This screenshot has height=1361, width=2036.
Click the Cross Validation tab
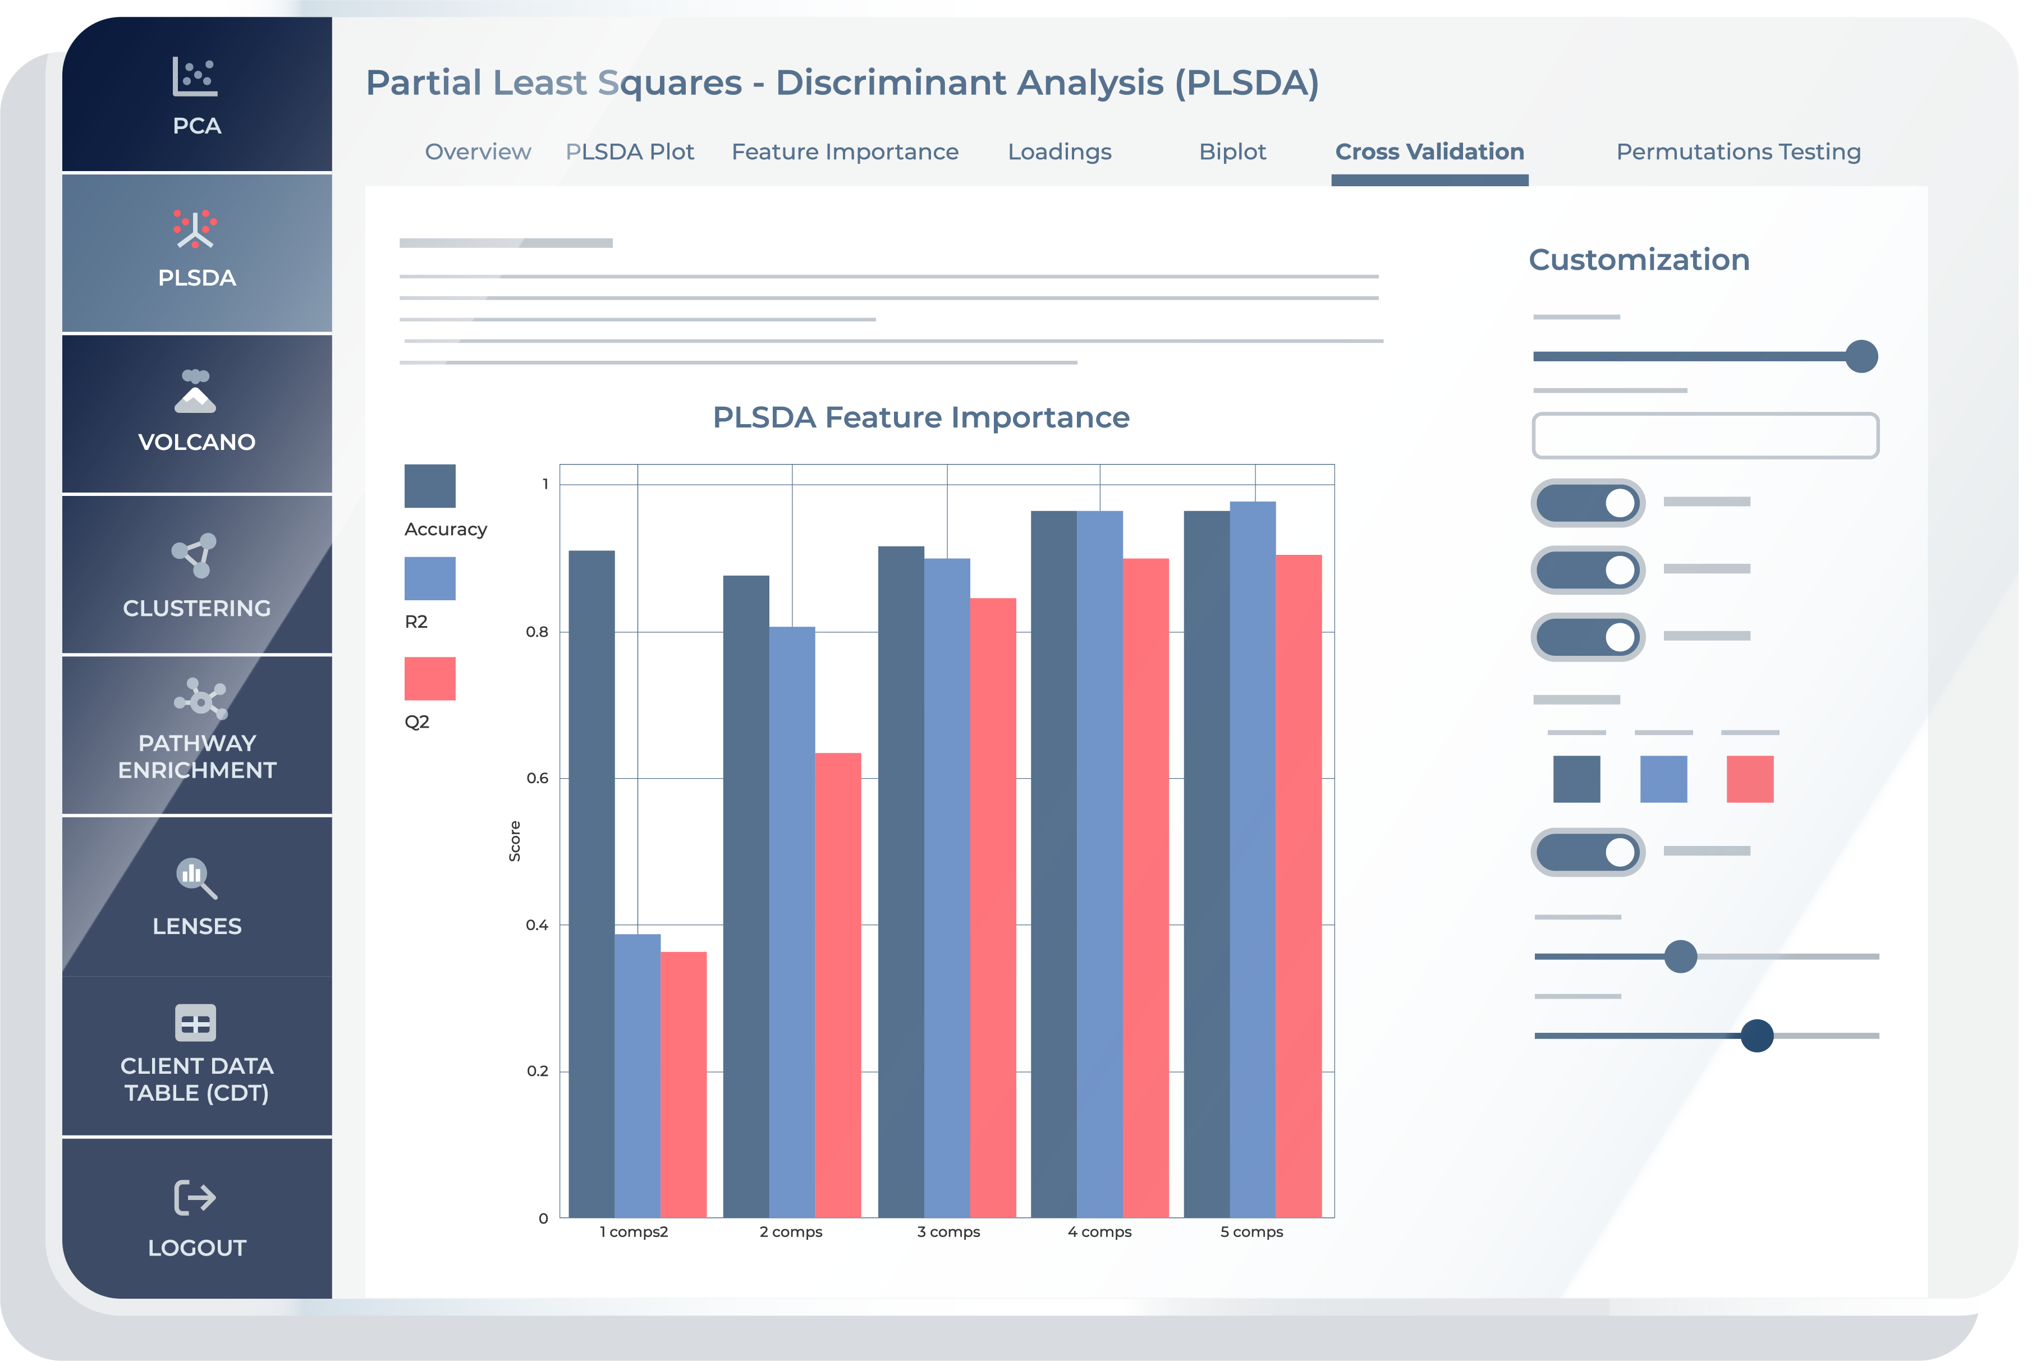click(1429, 152)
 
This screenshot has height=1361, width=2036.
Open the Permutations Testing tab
click(1738, 152)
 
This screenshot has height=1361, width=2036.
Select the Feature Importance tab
click(845, 152)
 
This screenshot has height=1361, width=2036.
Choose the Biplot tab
click(1232, 152)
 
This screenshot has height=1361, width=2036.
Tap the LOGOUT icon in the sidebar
click(195, 1198)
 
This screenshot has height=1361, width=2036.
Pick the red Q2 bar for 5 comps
click(1298, 885)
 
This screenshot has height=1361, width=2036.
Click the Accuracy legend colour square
click(430, 486)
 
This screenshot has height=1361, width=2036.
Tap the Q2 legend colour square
click(430, 679)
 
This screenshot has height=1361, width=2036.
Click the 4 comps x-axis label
click(1099, 1231)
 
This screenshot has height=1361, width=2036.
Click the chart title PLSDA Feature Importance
click(920, 417)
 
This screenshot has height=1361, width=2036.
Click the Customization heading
click(1638, 260)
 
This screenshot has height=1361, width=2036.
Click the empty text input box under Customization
click(1705, 436)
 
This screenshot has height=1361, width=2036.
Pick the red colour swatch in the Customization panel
click(1749, 779)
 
